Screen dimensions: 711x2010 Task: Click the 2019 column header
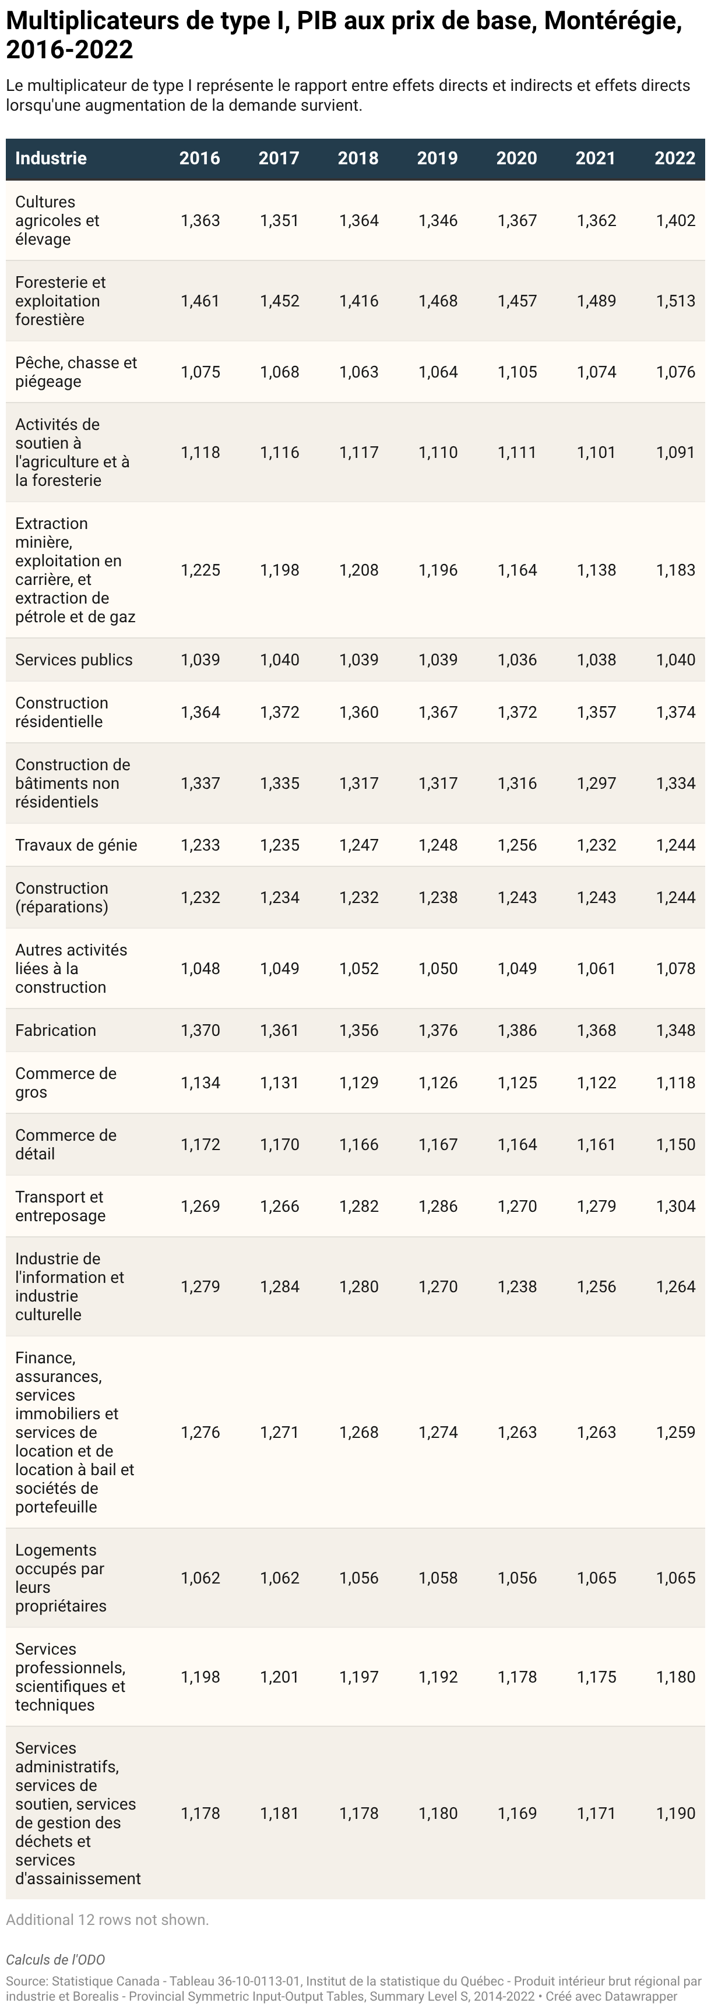click(x=437, y=158)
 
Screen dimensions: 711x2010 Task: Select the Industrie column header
click(x=51, y=158)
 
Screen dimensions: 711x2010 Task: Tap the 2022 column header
click(x=675, y=158)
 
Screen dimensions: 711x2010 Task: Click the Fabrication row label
click(x=55, y=1030)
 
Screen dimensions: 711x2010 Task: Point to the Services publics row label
click(x=74, y=660)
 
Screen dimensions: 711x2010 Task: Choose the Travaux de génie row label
click(x=76, y=845)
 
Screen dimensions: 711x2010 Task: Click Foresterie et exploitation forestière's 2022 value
click(x=676, y=301)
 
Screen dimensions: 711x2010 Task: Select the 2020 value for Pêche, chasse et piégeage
click(x=518, y=372)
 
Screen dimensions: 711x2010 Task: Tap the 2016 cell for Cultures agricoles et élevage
click(x=200, y=221)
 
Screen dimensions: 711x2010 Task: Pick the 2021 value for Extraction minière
click(x=596, y=570)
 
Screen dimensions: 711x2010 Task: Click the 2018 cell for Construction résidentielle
click(x=359, y=713)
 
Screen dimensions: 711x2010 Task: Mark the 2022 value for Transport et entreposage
click(x=676, y=1207)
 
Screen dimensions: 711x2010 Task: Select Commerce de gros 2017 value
click(x=279, y=1083)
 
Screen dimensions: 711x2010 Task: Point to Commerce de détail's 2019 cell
click(x=438, y=1145)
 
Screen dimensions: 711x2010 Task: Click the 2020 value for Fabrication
click(x=518, y=1031)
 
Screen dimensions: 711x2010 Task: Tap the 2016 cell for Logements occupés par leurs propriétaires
click(x=200, y=1578)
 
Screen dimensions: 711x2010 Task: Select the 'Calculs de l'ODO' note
click(x=55, y=1960)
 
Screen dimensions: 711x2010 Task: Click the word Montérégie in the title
click(x=613, y=22)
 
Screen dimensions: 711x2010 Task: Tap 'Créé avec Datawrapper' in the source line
click(x=612, y=1996)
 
